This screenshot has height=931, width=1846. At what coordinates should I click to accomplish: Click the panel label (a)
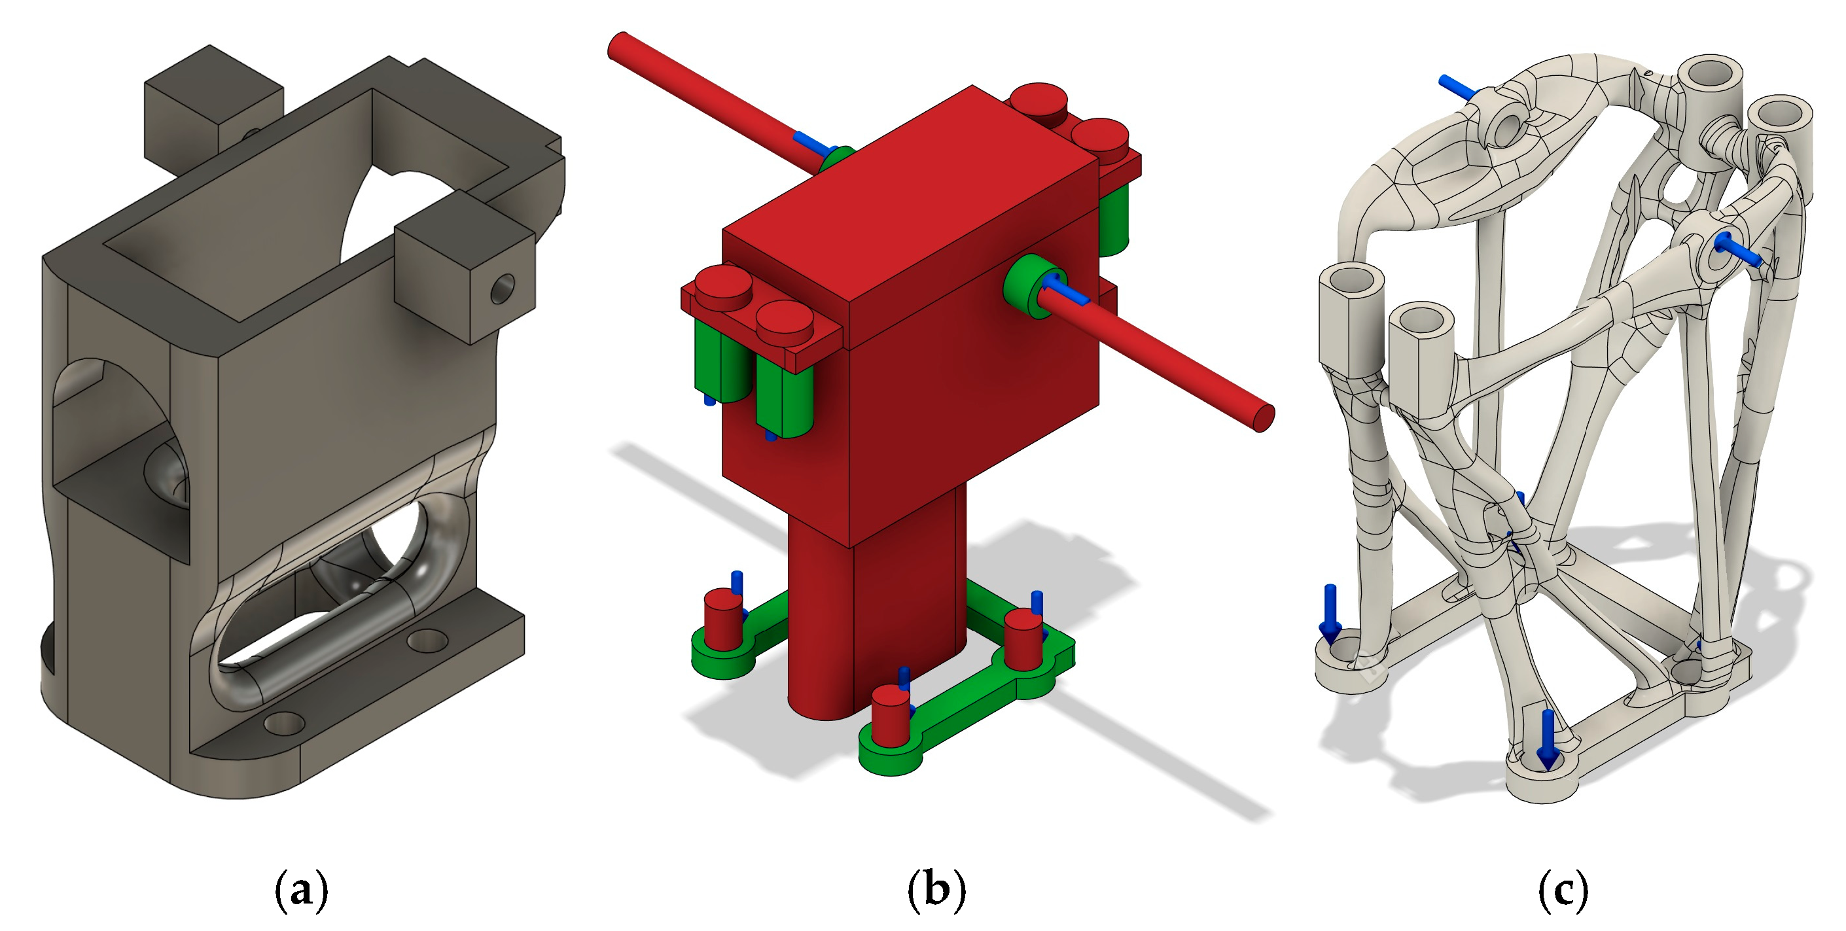click(302, 890)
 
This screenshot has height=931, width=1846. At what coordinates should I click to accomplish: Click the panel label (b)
click(936, 890)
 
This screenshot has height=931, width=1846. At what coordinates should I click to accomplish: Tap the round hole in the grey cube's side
click(503, 289)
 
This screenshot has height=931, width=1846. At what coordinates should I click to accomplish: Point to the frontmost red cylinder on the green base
click(891, 716)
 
